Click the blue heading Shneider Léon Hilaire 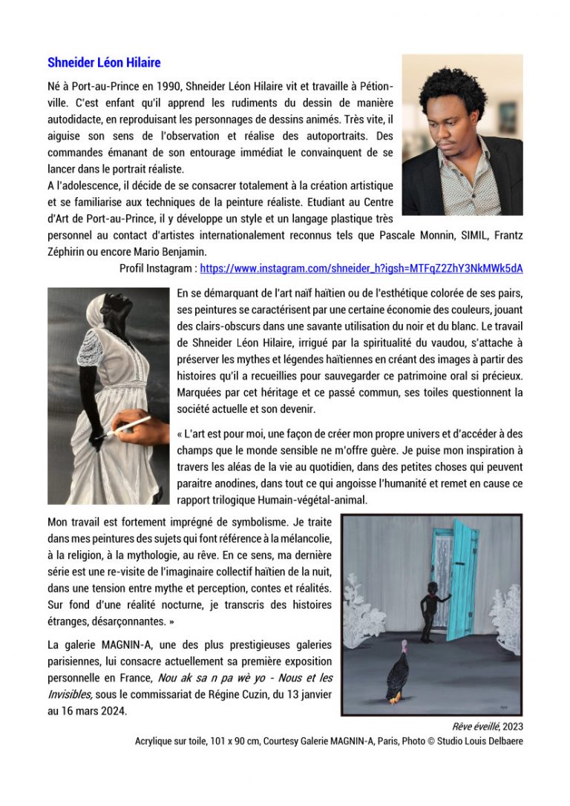(104, 62)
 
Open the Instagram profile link (361, 268)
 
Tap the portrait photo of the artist (462, 135)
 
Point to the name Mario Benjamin (170, 251)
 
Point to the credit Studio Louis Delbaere (484, 741)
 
